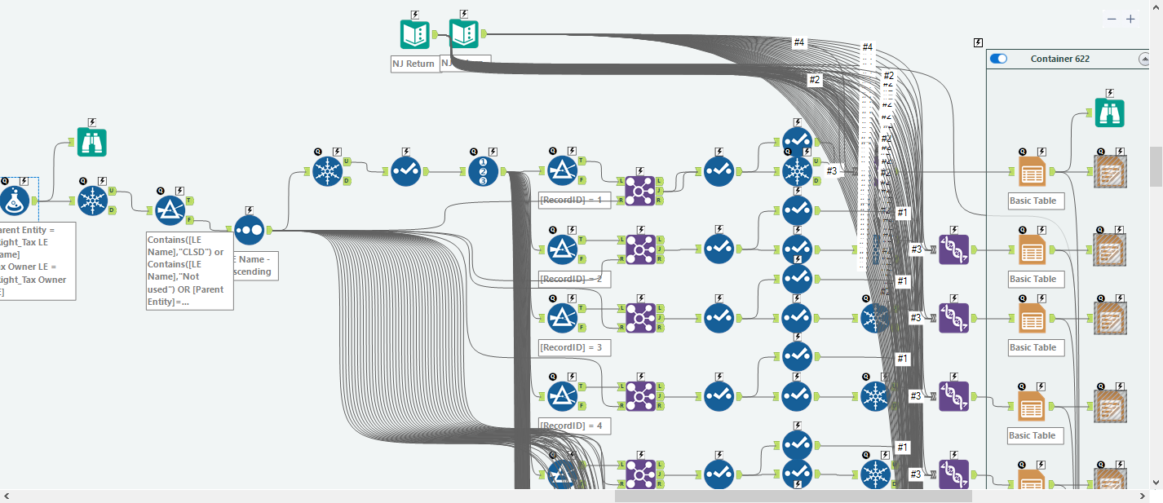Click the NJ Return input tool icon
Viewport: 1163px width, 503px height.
(414, 34)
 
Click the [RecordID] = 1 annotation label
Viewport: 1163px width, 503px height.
(574, 201)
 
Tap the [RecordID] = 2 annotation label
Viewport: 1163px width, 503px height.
(574, 279)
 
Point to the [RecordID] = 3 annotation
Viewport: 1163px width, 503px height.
(574, 347)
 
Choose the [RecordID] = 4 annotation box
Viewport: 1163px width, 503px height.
(574, 426)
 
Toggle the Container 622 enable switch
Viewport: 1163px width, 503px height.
(998, 59)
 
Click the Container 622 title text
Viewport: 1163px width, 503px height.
(1059, 59)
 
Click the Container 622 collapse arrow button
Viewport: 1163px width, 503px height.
(1143, 59)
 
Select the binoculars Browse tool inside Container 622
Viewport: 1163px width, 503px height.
(1109, 113)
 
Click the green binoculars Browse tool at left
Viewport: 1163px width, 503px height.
(92, 142)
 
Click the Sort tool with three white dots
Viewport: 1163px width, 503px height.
(249, 230)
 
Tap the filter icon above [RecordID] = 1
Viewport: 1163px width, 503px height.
(561, 171)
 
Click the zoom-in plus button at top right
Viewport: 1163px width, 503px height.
(1130, 19)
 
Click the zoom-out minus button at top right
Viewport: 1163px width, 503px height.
(1112, 19)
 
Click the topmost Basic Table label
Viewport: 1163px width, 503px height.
(1033, 201)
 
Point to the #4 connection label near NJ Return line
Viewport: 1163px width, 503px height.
(799, 42)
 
